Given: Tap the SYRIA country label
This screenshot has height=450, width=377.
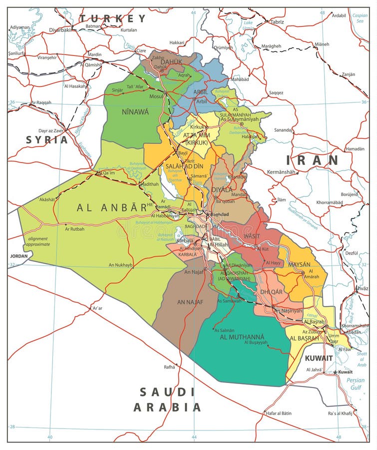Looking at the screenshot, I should tap(47, 139).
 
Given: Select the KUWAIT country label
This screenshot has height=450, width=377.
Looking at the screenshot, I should tap(319, 358).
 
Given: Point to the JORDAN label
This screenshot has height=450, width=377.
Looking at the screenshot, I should tap(19, 255).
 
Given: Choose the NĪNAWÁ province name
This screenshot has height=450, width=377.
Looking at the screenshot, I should tap(135, 112).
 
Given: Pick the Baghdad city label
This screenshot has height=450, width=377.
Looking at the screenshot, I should tap(219, 214).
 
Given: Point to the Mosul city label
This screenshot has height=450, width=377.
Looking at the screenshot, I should tap(156, 96).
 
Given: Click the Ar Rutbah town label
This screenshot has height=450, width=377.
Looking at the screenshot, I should tap(74, 229).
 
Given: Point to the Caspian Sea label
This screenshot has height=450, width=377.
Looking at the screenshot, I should tap(360, 18).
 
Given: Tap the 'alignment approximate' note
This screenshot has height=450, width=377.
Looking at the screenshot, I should tap(38, 241).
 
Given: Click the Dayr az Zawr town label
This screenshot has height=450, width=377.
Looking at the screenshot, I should tap(51, 130).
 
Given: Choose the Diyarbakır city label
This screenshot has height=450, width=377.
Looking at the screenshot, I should tap(60, 30).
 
